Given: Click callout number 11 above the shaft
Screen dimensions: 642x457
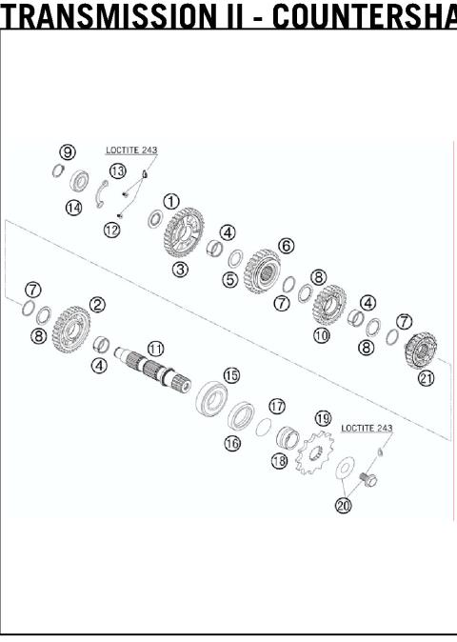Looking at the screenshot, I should (155, 349).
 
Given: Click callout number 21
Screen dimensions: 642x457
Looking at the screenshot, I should (426, 378).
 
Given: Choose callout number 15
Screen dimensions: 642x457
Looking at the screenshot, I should (231, 375).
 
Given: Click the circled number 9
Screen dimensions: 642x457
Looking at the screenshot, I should (67, 151).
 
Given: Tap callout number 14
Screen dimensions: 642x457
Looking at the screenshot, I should (73, 208).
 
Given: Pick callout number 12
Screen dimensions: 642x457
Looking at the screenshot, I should (112, 230).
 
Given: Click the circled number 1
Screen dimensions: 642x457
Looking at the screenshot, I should (171, 201).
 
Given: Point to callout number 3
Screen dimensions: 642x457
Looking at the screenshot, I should (180, 269).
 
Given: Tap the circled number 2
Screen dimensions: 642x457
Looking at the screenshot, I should (97, 305).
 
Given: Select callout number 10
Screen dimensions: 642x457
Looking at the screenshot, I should (322, 335).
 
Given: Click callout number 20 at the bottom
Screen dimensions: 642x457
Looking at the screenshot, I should (343, 505).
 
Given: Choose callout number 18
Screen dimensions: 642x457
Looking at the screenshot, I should (278, 460).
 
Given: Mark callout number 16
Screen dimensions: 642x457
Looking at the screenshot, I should (231, 443).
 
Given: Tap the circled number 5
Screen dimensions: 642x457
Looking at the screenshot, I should (229, 280).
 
